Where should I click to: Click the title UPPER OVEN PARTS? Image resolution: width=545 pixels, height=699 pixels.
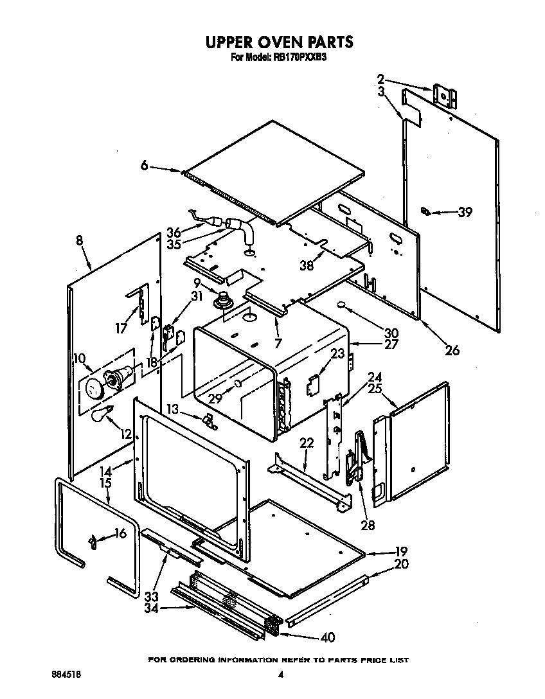pyautogui.click(x=279, y=42)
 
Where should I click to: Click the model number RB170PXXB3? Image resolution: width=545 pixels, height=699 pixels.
pyautogui.click(x=299, y=57)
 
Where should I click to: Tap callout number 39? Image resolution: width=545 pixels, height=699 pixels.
pyautogui.click(x=463, y=212)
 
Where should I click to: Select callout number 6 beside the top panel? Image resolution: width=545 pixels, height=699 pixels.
pyautogui.click(x=145, y=166)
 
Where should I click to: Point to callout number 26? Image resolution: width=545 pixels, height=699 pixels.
pyautogui.click(x=452, y=350)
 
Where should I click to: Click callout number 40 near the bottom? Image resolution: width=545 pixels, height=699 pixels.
pyautogui.click(x=327, y=637)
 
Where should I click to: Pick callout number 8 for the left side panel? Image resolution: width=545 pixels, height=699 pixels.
pyautogui.click(x=79, y=241)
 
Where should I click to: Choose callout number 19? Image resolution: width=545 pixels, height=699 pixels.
pyautogui.click(x=401, y=551)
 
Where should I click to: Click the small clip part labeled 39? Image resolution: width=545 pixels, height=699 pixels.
pyautogui.click(x=425, y=211)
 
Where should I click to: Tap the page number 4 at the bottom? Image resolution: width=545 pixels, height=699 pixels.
pyautogui.click(x=281, y=675)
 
